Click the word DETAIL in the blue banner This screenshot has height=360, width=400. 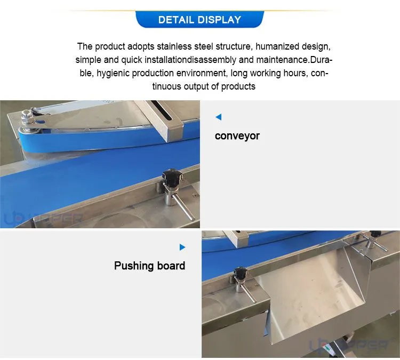tap(176, 20)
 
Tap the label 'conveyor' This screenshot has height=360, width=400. tap(237, 136)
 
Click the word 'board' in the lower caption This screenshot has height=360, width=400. tap(171, 266)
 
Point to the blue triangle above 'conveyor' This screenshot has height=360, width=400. tap(219, 117)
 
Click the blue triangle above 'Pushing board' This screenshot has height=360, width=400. tap(182, 247)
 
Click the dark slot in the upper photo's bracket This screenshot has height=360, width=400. tap(161, 110)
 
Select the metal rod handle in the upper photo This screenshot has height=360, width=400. tap(183, 207)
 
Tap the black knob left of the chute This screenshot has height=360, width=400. tap(240, 273)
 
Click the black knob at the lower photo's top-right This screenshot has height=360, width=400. tap(376, 234)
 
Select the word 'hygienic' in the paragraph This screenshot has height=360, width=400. tap(113, 73)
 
